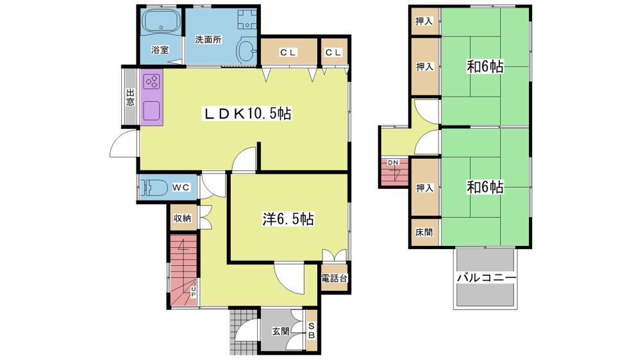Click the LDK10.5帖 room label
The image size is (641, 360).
point(248,113)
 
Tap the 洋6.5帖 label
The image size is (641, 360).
point(288,220)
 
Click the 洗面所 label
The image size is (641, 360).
point(208,40)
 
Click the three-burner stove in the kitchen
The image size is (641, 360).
point(152,81)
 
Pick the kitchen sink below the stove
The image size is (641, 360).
point(152,110)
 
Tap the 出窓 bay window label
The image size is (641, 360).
point(130,97)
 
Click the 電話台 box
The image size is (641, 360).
point(335,278)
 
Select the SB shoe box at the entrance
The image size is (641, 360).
point(312,330)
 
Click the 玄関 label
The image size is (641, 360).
point(281,331)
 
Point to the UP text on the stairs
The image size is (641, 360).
point(194,291)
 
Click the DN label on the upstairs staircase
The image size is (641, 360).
point(393,163)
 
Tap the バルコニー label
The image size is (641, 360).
point(486,278)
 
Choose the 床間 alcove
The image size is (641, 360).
point(425,232)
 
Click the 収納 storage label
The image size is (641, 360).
point(182,218)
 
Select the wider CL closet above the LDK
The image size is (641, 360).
point(289,52)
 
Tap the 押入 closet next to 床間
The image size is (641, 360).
point(425,188)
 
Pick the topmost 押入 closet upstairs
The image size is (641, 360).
point(425,21)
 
